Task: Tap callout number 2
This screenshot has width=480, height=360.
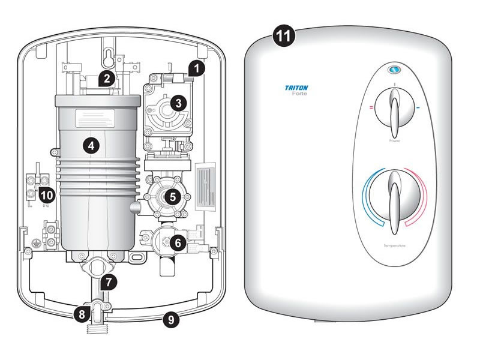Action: (106, 78)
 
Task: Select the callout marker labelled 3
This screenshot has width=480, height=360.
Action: (178, 103)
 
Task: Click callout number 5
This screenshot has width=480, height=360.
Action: (172, 196)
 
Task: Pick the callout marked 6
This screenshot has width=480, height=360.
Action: (177, 242)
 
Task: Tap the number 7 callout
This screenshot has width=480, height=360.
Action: (108, 280)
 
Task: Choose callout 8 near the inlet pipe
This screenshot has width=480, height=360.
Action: (84, 313)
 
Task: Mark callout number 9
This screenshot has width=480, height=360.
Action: (172, 320)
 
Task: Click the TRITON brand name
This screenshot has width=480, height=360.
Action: (296, 88)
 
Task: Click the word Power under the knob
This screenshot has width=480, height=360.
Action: (394, 142)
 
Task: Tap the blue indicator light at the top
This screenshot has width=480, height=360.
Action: (394, 70)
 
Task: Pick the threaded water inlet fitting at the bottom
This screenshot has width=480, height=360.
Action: (97, 329)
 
